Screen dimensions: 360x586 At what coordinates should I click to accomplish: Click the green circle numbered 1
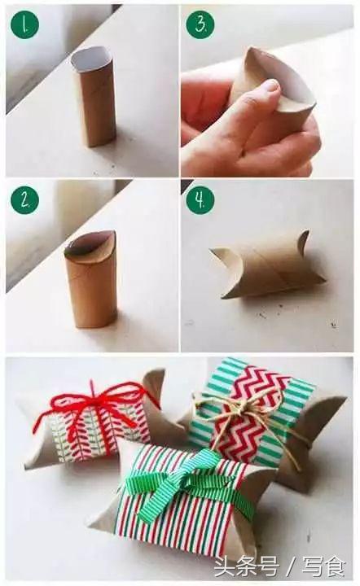[x=25, y=24]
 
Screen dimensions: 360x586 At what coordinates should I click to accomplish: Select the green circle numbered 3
[x=200, y=24]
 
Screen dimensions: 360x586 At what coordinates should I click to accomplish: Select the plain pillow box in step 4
[x=267, y=265]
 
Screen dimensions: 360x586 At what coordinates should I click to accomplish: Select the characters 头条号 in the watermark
[x=246, y=566]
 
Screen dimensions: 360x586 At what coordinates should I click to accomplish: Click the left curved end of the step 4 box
[x=226, y=270]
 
